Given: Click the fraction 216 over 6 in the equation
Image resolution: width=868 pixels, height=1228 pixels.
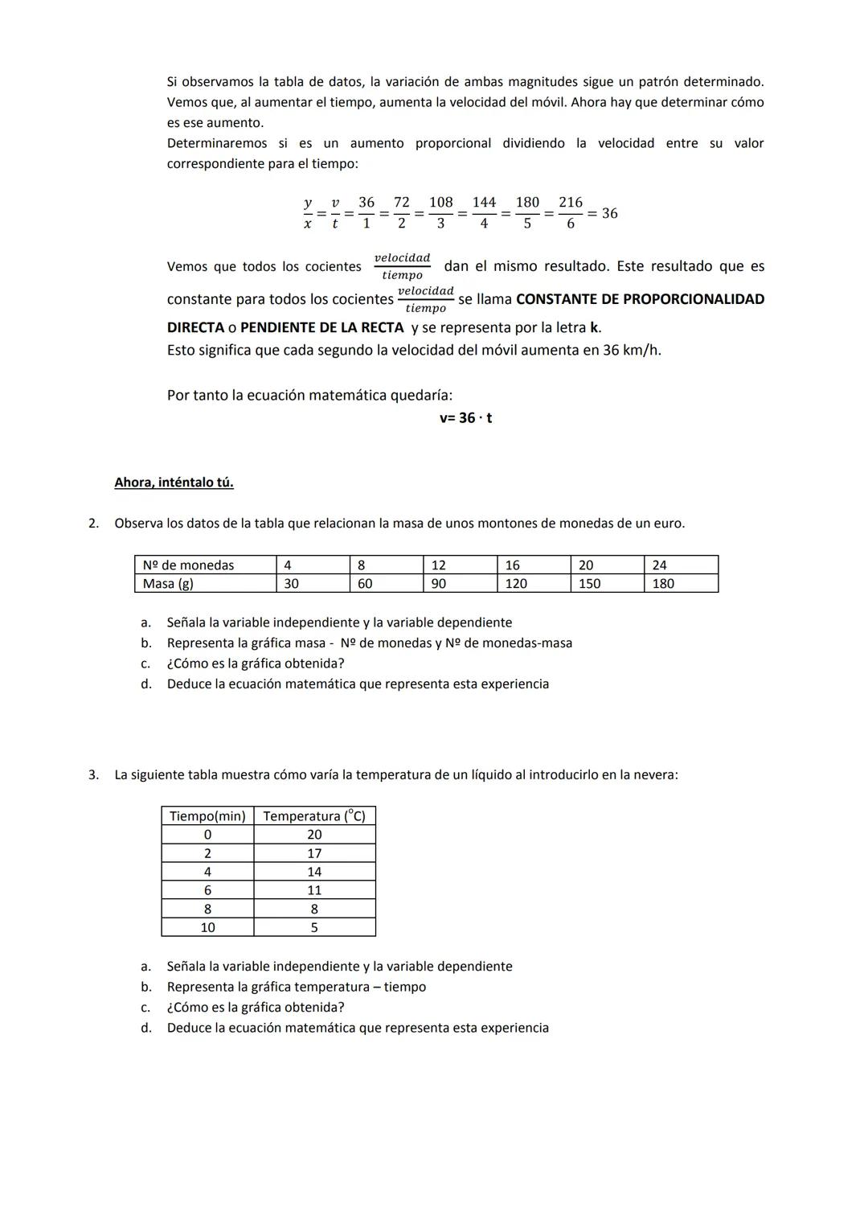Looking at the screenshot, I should [x=571, y=213].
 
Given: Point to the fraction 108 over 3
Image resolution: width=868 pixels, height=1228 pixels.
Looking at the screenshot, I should [x=440, y=213].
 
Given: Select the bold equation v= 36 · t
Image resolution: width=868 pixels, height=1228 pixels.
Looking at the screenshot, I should [x=465, y=418].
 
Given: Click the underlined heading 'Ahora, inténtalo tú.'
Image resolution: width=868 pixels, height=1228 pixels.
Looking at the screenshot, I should [x=174, y=483].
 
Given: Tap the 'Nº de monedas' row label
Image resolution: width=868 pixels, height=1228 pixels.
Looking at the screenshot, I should [x=188, y=565].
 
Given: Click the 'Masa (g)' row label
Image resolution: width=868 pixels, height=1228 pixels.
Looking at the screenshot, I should [x=168, y=584].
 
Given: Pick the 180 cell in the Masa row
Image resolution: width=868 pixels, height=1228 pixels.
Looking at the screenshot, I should [x=663, y=584].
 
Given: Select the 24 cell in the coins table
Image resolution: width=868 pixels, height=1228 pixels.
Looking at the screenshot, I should [x=659, y=565].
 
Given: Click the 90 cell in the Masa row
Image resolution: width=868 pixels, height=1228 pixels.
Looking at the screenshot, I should [x=439, y=584].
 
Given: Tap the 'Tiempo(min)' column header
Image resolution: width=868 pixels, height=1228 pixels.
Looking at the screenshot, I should [x=207, y=816].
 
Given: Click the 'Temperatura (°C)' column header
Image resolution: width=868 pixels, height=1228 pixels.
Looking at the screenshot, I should [x=314, y=816].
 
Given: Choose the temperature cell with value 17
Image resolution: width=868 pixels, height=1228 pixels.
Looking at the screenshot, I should [x=314, y=853].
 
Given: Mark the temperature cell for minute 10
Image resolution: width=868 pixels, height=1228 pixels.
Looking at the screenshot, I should [x=314, y=927].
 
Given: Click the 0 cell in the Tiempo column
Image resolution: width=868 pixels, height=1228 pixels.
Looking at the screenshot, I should [x=207, y=835].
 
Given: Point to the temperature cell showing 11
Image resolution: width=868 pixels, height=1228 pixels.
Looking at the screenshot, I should [x=314, y=890].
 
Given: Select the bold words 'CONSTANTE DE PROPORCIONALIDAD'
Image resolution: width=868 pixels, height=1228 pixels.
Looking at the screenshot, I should [x=640, y=299].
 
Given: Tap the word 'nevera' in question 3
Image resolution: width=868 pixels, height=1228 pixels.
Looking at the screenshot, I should [x=654, y=775].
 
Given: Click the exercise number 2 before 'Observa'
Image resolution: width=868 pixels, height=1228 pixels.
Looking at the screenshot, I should [x=92, y=524].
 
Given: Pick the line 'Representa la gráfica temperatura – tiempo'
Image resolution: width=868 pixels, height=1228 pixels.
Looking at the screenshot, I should [x=297, y=987].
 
